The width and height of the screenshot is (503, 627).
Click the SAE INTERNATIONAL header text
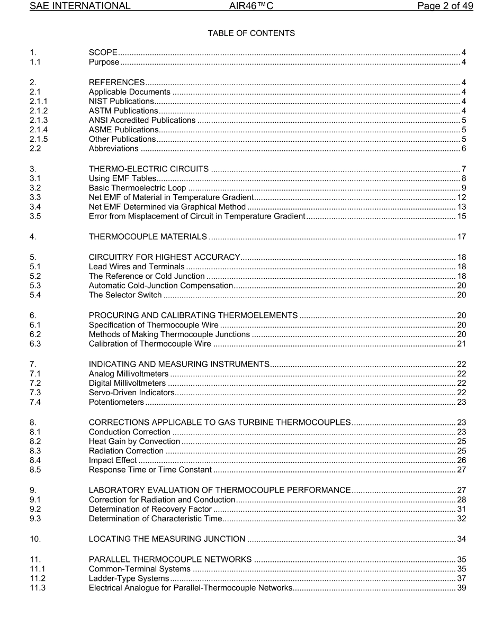pos(80,6)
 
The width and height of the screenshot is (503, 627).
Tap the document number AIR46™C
pos(251,6)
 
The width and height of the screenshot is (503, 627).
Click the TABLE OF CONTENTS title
pos(251,33)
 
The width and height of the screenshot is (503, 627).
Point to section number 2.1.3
pos(39,120)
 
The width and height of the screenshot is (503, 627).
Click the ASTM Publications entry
pos(123,111)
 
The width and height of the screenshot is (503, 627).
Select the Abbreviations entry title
pos(113,149)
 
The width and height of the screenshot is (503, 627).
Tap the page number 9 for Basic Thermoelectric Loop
pos(464,187)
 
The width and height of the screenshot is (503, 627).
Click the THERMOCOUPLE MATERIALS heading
pos(148,237)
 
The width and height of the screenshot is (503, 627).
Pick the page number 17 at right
pos(461,237)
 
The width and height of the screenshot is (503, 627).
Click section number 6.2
pos(35,334)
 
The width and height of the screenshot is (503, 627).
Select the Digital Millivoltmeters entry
pos(127,383)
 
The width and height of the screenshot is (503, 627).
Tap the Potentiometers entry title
pos(116,402)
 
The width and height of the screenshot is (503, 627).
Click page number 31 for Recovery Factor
pos(461,510)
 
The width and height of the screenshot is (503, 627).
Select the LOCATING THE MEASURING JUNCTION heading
pos(167,539)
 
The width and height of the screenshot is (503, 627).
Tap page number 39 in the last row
pos(461,588)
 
